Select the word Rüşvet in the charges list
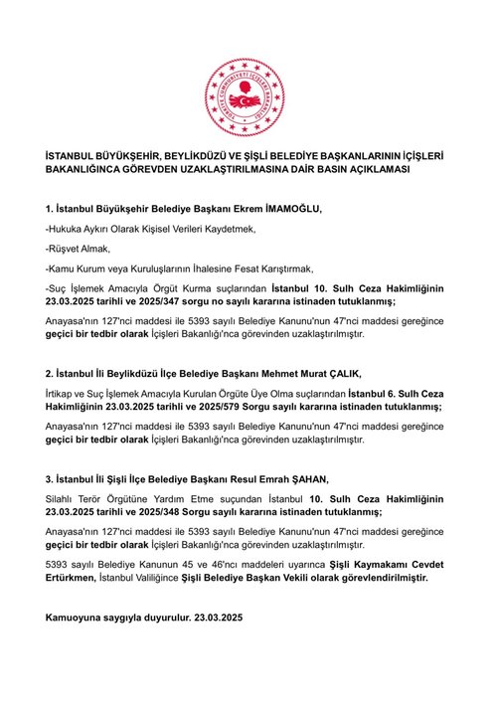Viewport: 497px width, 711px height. [x=66, y=248]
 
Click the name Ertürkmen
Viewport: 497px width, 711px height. [x=75, y=576]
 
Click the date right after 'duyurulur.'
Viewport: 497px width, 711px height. [x=218, y=618]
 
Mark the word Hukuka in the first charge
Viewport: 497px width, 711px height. [x=69, y=229]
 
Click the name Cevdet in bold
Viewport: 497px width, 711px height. [x=420, y=563]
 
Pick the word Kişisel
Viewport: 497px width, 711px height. [x=179, y=229]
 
